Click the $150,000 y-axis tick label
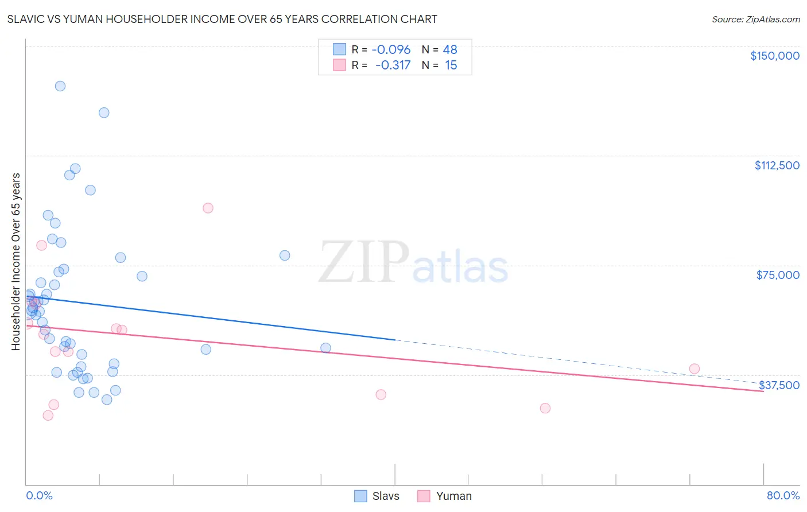[774, 56]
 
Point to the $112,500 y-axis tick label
[777, 165]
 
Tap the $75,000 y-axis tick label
[778, 275]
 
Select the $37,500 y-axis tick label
[779, 385]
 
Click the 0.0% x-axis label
[39, 495]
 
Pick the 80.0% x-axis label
[783, 495]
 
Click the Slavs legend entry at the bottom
[377, 496]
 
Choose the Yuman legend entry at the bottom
[444, 496]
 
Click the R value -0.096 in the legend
[391, 50]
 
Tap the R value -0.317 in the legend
[393, 65]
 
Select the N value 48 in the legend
[450, 50]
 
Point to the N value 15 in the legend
[451, 65]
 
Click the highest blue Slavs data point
[60, 86]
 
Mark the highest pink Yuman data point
[208, 208]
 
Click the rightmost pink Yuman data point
[695, 369]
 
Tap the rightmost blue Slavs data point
[325, 348]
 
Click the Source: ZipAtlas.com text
[755, 20]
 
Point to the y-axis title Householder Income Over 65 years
[16, 262]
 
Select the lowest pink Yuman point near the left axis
[48, 415]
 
